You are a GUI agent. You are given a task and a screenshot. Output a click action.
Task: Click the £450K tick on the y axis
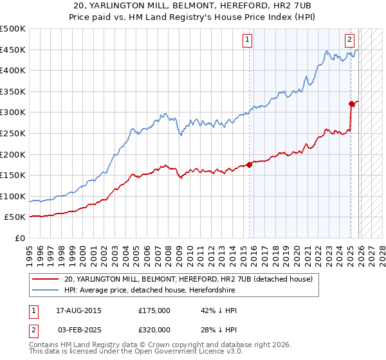(x=13, y=50)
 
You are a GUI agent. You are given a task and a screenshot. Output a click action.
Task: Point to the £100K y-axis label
(x=13, y=196)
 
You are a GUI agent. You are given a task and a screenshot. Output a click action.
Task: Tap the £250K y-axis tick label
(x=13, y=133)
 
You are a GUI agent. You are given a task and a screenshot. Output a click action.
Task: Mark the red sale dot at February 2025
(x=351, y=104)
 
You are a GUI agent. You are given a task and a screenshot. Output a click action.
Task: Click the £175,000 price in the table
(x=154, y=310)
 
